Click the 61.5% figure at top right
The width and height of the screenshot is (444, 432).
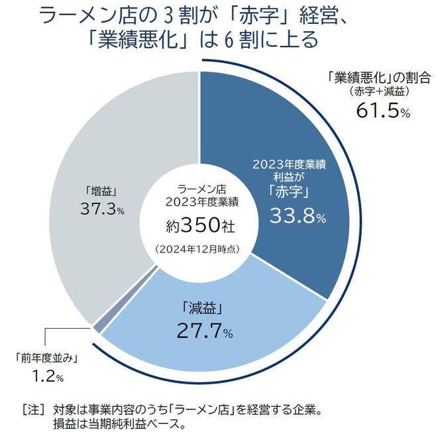383,111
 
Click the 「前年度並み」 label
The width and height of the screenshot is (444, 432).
46,359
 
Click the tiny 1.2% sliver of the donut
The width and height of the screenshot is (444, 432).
97,327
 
